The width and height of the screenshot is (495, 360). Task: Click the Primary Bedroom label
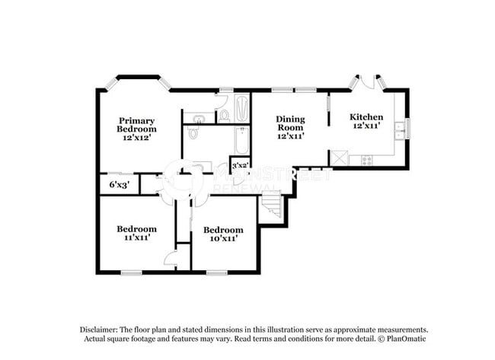coord(137,125)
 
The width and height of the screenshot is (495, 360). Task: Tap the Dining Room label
coord(290,123)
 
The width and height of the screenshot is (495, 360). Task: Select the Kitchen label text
coord(366,116)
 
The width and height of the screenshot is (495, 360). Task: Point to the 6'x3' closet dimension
coord(118,184)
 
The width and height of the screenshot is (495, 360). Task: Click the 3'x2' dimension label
coord(240,164)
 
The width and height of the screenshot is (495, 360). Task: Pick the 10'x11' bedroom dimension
coord(222,238)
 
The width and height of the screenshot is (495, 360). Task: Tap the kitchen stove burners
coord(366,160)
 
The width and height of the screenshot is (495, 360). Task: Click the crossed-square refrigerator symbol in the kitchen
coord(338,158)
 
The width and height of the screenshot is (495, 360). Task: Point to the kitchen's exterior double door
coord(367,82)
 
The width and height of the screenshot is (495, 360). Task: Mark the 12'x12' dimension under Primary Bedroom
coord(137,139)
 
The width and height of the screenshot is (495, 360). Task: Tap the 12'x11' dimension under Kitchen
coord(366,126)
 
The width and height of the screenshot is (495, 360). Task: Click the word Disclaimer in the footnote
coord(100,329)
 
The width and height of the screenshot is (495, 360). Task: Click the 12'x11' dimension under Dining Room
coord(290,136)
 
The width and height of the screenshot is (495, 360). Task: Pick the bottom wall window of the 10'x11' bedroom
coord(217,272)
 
